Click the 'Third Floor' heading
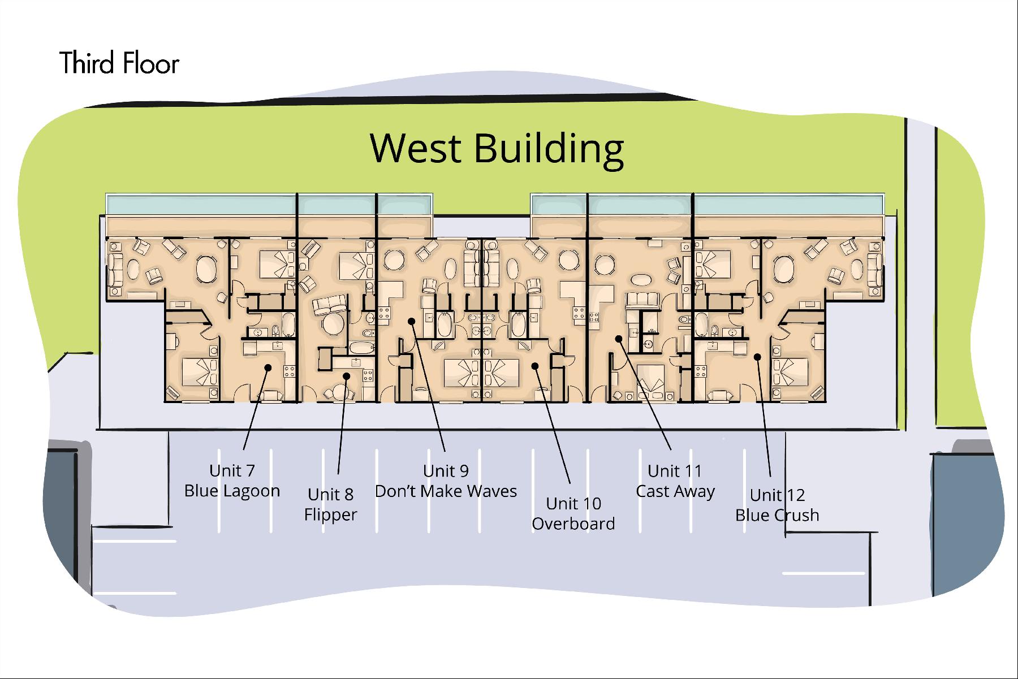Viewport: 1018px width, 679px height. pos(119,63)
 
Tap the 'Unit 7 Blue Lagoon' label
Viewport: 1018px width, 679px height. pos(232,481)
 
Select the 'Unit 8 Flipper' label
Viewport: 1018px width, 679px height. pos(331,504)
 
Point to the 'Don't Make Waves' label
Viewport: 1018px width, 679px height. pos(446,491)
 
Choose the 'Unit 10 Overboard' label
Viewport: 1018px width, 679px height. pos(573,513)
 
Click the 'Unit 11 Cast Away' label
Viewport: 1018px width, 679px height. pos(675,481)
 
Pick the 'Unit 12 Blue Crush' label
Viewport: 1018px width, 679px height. pos(777,505)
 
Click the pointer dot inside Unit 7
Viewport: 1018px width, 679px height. pos(268,367)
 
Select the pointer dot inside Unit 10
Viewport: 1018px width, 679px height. pos(535,366)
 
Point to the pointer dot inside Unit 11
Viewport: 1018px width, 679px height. pos(619,339)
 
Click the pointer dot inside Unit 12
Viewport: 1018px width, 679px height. pos(757,356)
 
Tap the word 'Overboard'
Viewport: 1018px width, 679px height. pos(573,524)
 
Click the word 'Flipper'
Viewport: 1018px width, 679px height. pos(331,515)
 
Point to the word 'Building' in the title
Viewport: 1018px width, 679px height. pos(549,148)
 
